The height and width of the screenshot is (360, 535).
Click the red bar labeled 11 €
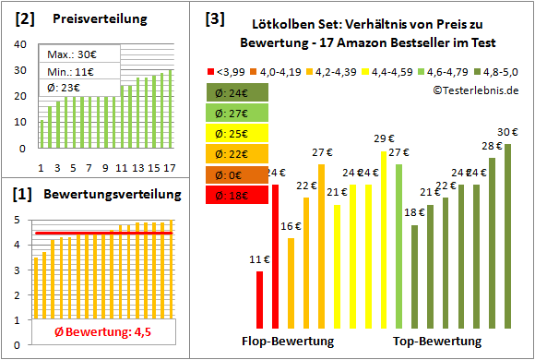260,299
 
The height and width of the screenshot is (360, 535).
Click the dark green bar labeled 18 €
415,276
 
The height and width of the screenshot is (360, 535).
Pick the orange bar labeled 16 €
291,282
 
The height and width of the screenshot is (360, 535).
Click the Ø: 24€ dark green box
239,92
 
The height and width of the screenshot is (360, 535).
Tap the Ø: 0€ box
239,174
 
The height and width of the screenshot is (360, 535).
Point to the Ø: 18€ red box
239,194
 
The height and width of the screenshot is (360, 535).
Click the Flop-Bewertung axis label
288,342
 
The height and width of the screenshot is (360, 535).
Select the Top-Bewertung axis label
437,342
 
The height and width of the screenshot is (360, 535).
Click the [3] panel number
213,18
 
